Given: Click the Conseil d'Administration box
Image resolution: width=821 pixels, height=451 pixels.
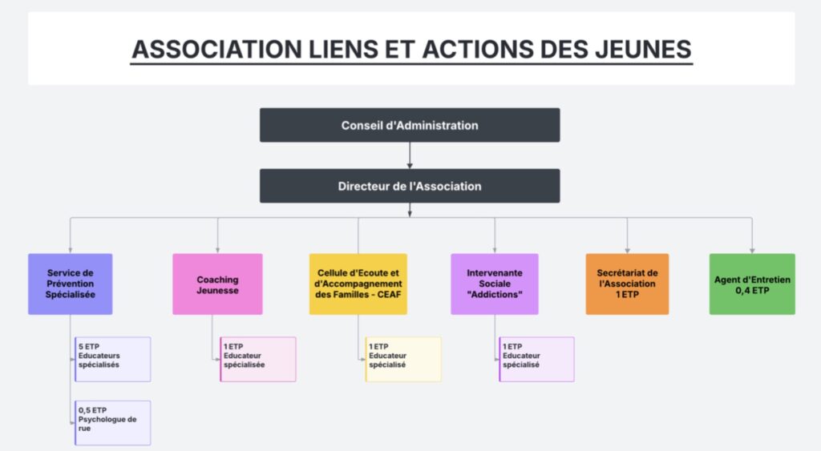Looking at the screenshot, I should (410, 125).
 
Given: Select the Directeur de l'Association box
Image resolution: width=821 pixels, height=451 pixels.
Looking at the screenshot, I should (410, 186).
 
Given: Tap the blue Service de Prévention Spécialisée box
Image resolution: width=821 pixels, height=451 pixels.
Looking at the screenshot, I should (71, 284).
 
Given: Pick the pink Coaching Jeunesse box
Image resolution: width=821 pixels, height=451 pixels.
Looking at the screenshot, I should (217, 284).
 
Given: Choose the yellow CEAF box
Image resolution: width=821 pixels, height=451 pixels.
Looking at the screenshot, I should (358, 284).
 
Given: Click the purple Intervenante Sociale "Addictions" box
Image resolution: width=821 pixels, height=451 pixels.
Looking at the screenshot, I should (495, 284).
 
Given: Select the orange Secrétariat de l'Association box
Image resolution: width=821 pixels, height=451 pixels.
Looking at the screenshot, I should (627, 284).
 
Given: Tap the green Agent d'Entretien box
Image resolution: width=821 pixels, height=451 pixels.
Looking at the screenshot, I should (752, 284).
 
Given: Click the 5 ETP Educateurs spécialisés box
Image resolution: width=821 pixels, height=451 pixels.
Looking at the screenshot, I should (113, 359).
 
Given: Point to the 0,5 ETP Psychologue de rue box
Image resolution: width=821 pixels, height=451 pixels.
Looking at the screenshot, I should (113, 422).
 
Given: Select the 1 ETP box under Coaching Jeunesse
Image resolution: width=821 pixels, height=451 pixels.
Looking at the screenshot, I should (258, 359).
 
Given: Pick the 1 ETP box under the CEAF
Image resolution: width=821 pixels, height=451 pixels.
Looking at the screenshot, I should (403, 359).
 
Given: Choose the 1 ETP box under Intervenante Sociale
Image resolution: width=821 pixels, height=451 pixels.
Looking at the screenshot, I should (536, 359).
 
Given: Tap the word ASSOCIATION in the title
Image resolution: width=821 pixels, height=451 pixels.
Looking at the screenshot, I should (215, 50).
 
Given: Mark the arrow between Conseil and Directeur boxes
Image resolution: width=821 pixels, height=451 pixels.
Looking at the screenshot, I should (410, 155).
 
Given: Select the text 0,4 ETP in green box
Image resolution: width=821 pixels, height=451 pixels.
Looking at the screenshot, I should (752, 290).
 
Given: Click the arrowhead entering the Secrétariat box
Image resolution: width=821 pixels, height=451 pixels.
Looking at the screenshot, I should (627, 250).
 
